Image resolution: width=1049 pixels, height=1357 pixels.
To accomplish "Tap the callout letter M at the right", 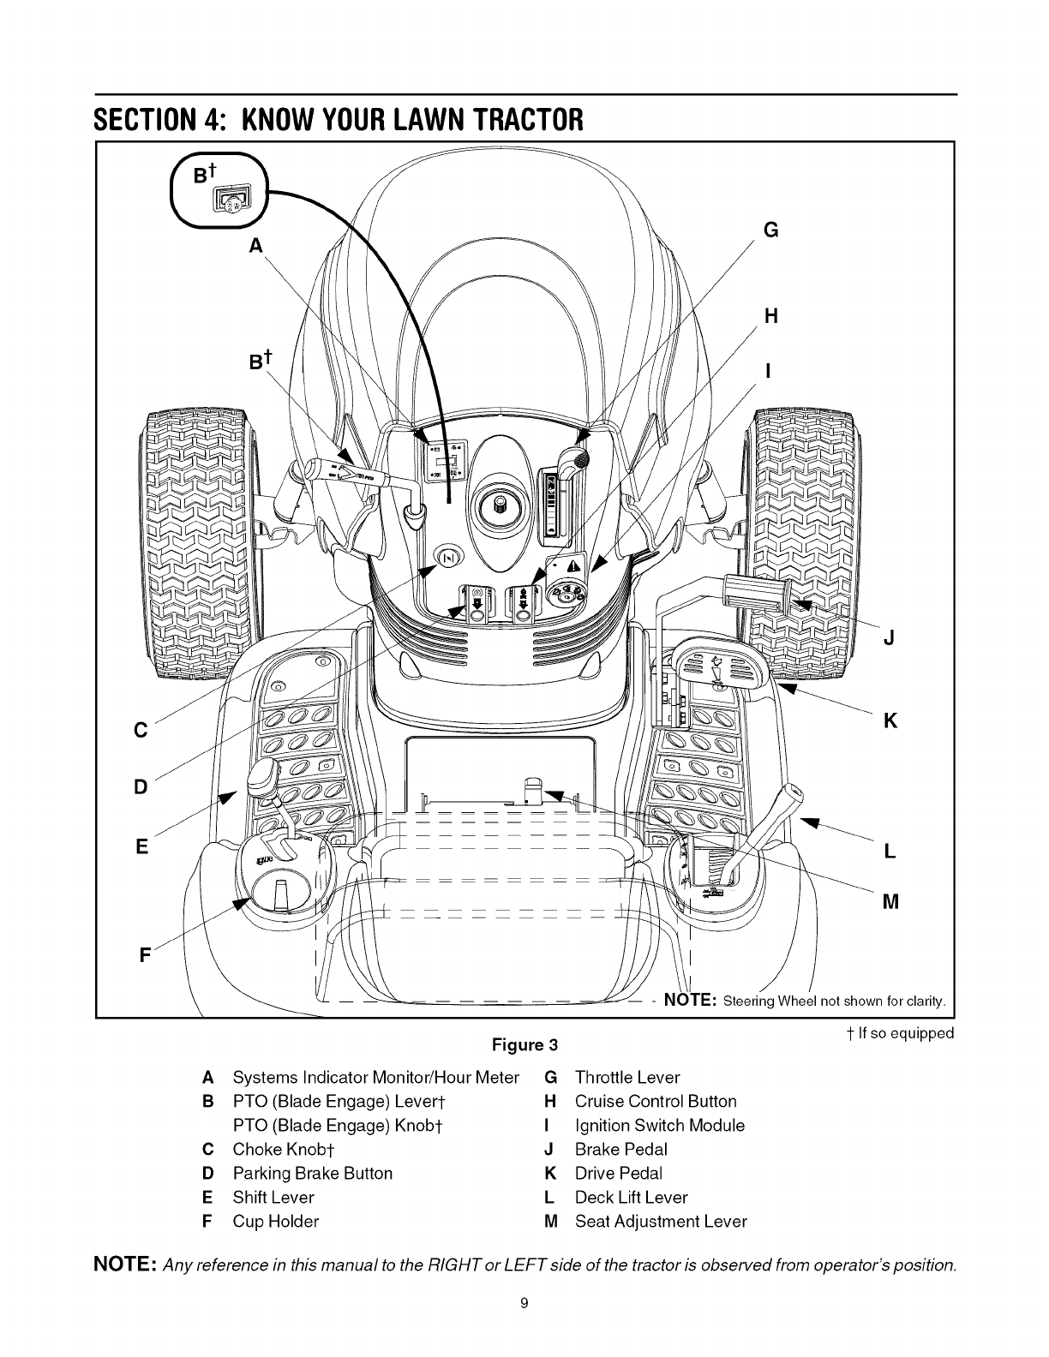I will click(x=890, y=901).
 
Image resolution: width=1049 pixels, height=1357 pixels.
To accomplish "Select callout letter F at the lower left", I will click(x=146, y=953).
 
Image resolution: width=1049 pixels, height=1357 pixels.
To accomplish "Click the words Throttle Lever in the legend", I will click(x=627, y=1078).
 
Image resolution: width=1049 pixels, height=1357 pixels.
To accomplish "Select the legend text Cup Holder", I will click(x=275, y=1222).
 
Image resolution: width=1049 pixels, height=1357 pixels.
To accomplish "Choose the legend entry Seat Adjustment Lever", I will click(x=661, y=1222).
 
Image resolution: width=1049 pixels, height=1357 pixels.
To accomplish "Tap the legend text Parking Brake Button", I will click(x=312, y=1174).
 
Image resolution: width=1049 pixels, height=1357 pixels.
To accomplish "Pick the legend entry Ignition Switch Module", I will click(x=659, y=1126).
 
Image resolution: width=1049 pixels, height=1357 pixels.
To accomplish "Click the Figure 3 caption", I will click(x=524, y=1045).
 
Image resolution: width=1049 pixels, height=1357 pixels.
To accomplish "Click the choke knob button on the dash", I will click(x=448, y=557).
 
